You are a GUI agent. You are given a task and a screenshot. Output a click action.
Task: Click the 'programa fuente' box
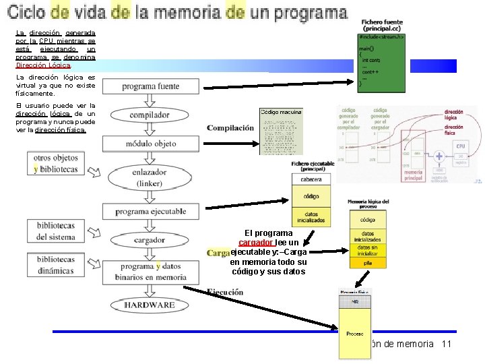[150, 87]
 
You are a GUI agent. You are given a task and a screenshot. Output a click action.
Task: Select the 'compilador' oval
[150, 115]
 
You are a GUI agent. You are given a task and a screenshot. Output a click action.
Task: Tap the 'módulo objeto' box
[150, 144]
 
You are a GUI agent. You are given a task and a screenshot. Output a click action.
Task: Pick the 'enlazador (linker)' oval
[150, 177]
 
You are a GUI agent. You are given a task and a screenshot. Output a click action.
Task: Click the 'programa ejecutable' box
[150, 212]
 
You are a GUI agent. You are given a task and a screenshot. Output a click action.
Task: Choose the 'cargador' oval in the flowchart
[150, 240]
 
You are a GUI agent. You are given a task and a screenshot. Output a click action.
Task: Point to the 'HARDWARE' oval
[150, 305]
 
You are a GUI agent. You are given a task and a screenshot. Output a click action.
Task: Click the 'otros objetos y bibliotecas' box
[56, 164]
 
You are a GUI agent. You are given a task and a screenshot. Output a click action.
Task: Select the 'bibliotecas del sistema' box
[56, 231]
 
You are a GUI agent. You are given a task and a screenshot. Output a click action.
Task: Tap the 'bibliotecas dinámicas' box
[56, 265]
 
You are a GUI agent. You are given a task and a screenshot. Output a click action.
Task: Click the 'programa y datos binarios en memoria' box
[150, 272]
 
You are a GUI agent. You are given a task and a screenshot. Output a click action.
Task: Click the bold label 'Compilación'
[230, 128]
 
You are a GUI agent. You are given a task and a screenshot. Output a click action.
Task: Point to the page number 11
[445, 344]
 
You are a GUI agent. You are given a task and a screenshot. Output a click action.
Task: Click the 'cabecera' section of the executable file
[311, 179]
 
